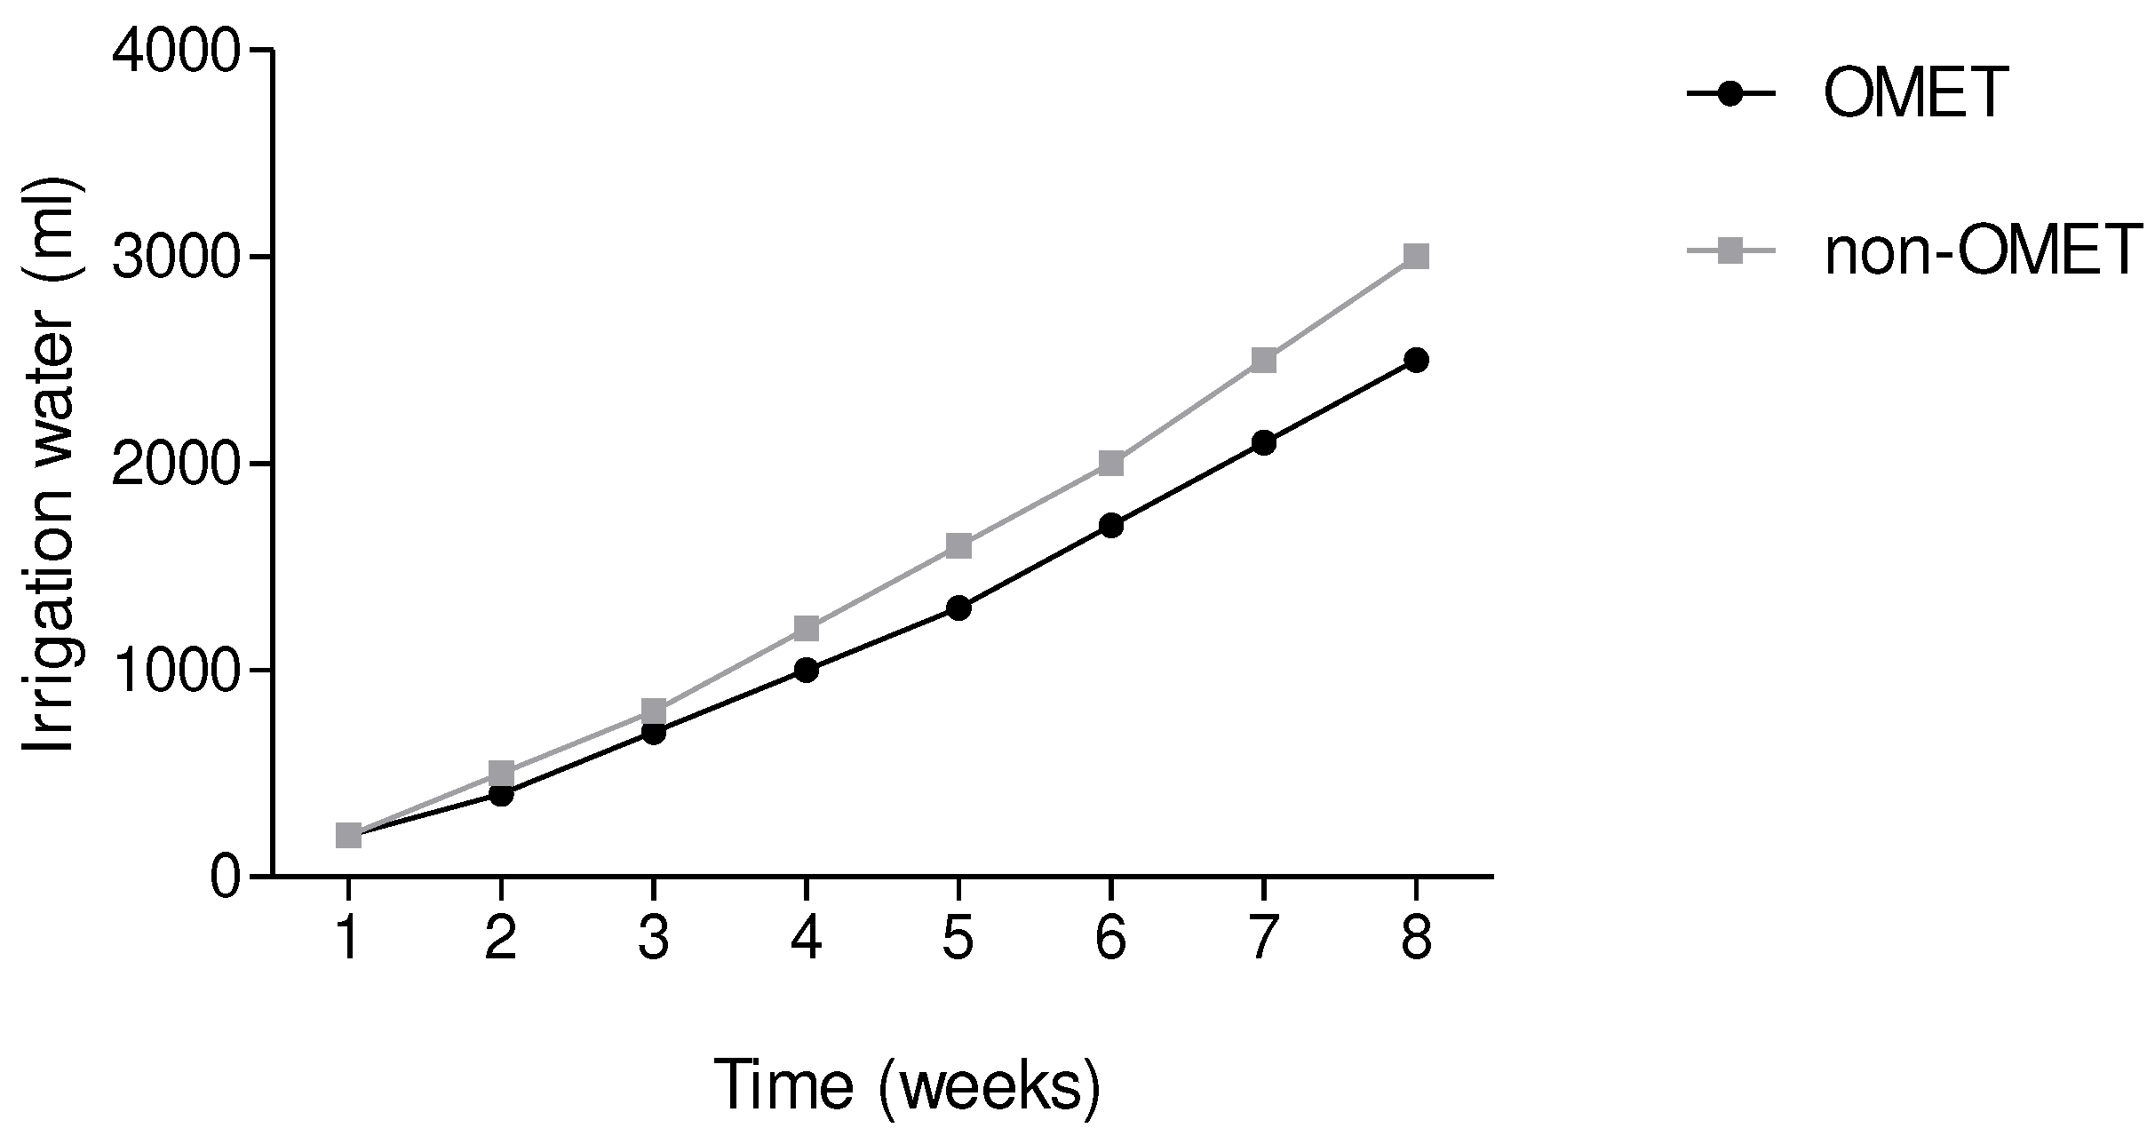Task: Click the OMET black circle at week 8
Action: pyautogui.click(x=1416, y=361)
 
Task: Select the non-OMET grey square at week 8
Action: pyautogui.click(x=1416, y=258)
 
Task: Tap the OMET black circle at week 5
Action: pyautogui.click(x=958, y=608)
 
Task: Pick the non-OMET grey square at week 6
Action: pyautogui.click(x=1111, y=464)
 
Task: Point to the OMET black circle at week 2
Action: pyautogui.click(x=501, y=794)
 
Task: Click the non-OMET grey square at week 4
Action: pyautogui.click(x=806, y=629)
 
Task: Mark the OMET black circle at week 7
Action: pyautogui.click(x=1263, y=443)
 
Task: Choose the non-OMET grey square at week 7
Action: pyautogui.click(x=1263, y=361)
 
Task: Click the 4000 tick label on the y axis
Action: pyautogui.click(x=177, y=53)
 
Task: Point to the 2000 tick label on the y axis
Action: pyautogui.click(x=177, y=465)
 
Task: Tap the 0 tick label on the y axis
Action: pyautogui.click(x=225, y=878)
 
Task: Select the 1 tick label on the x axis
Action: pyautogui.click(x=348, y=941)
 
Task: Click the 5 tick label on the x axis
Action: pyautogui.click(x=958, y=941)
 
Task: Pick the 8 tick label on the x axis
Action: pyautogui.click(x=1416, y=941)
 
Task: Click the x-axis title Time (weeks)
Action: pyautogui.click(x=907, y=1085)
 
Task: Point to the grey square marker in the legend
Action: pyautogui.click(x=1730, y=253)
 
